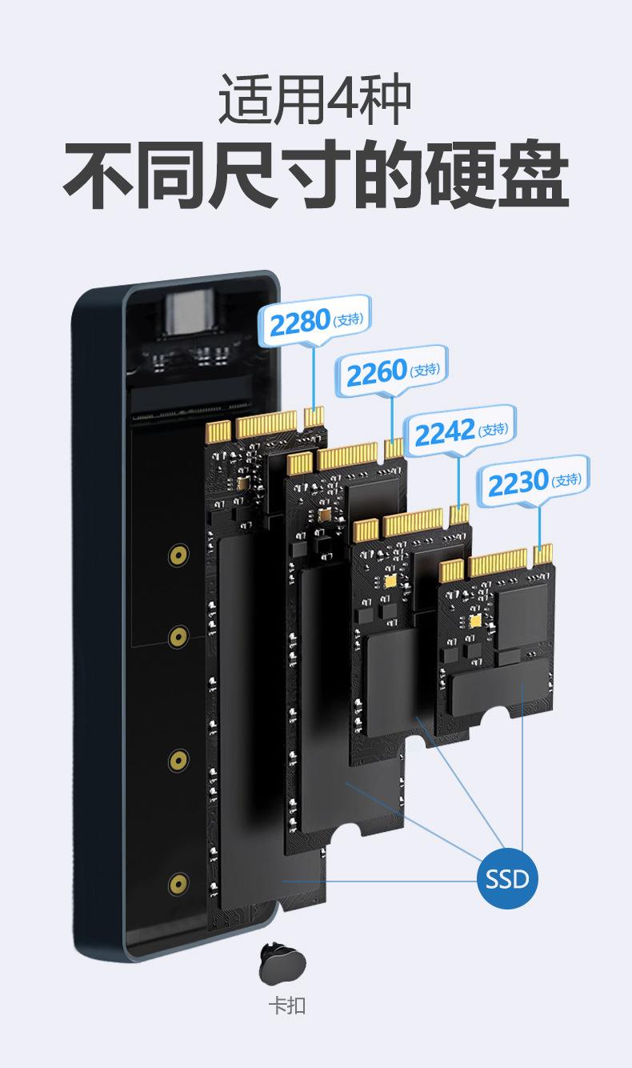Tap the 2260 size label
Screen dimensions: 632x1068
click(391, 371)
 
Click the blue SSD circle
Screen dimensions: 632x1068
click(507, 878)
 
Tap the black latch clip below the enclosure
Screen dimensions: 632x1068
click(282, 965)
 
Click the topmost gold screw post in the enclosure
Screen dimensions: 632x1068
click(178, 555)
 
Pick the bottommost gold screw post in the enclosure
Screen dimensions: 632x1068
click(178, 884)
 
